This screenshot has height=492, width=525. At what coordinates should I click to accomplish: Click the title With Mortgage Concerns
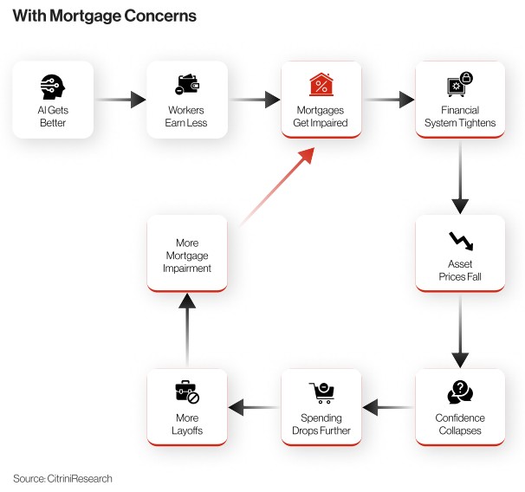click(x=104, y=16)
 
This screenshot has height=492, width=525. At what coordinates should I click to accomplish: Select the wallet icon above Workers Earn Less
click(x=186, y=85)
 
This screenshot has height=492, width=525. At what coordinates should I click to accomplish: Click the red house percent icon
click(x=321, y=85)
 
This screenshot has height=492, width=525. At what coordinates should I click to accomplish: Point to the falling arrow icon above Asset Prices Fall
click(x=459, y=240)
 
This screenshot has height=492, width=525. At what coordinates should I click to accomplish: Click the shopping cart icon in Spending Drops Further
click(x=321, y=393)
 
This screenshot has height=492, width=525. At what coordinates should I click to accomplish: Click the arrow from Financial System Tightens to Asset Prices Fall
click(x=460, y=178)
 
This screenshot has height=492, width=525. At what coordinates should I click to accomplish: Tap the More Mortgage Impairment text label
click(x=187, y=256)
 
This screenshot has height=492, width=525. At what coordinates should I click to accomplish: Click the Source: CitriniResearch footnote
click(x=62, y=478)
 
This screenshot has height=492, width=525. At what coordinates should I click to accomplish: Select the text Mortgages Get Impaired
click(x=321, y=117)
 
